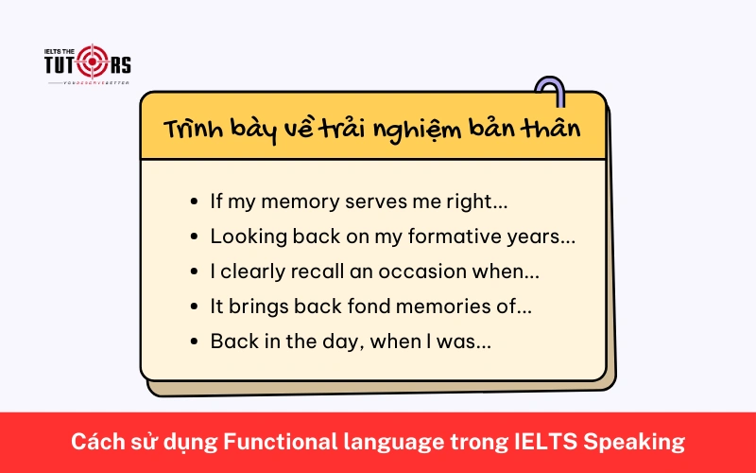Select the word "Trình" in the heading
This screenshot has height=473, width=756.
click(x=193, y=129)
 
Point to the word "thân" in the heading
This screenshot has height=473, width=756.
click(x=553, y=129)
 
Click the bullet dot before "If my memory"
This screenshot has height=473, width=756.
click(x=195, y=202)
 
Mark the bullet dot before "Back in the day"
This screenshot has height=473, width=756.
click(x=195, y=342)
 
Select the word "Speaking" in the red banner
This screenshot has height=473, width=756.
click(x=639, y=442)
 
